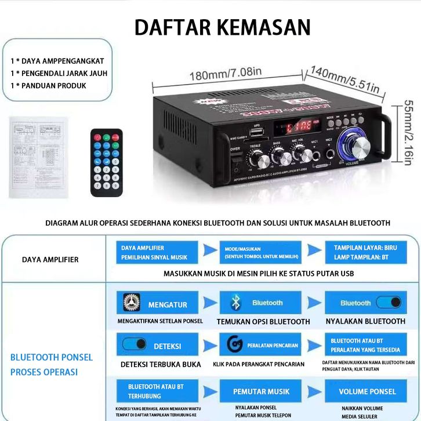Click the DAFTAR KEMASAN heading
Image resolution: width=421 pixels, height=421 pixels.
[222, 27]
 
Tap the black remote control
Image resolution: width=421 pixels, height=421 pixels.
[106, 162]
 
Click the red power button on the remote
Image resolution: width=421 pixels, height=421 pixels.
[97, 137]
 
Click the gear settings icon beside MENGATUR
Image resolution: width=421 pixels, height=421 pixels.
[128, 303]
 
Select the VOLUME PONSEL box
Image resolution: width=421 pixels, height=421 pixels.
[366, 391]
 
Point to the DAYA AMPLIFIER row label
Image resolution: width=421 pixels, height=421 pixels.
[50, 259]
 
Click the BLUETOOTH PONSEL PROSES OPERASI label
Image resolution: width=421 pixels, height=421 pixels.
[51, 364]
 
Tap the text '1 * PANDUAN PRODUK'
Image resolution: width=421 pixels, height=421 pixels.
[48, 85]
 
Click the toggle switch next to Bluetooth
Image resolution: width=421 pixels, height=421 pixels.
[388, 302]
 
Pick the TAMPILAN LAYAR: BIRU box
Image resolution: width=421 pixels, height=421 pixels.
[366, 252]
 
